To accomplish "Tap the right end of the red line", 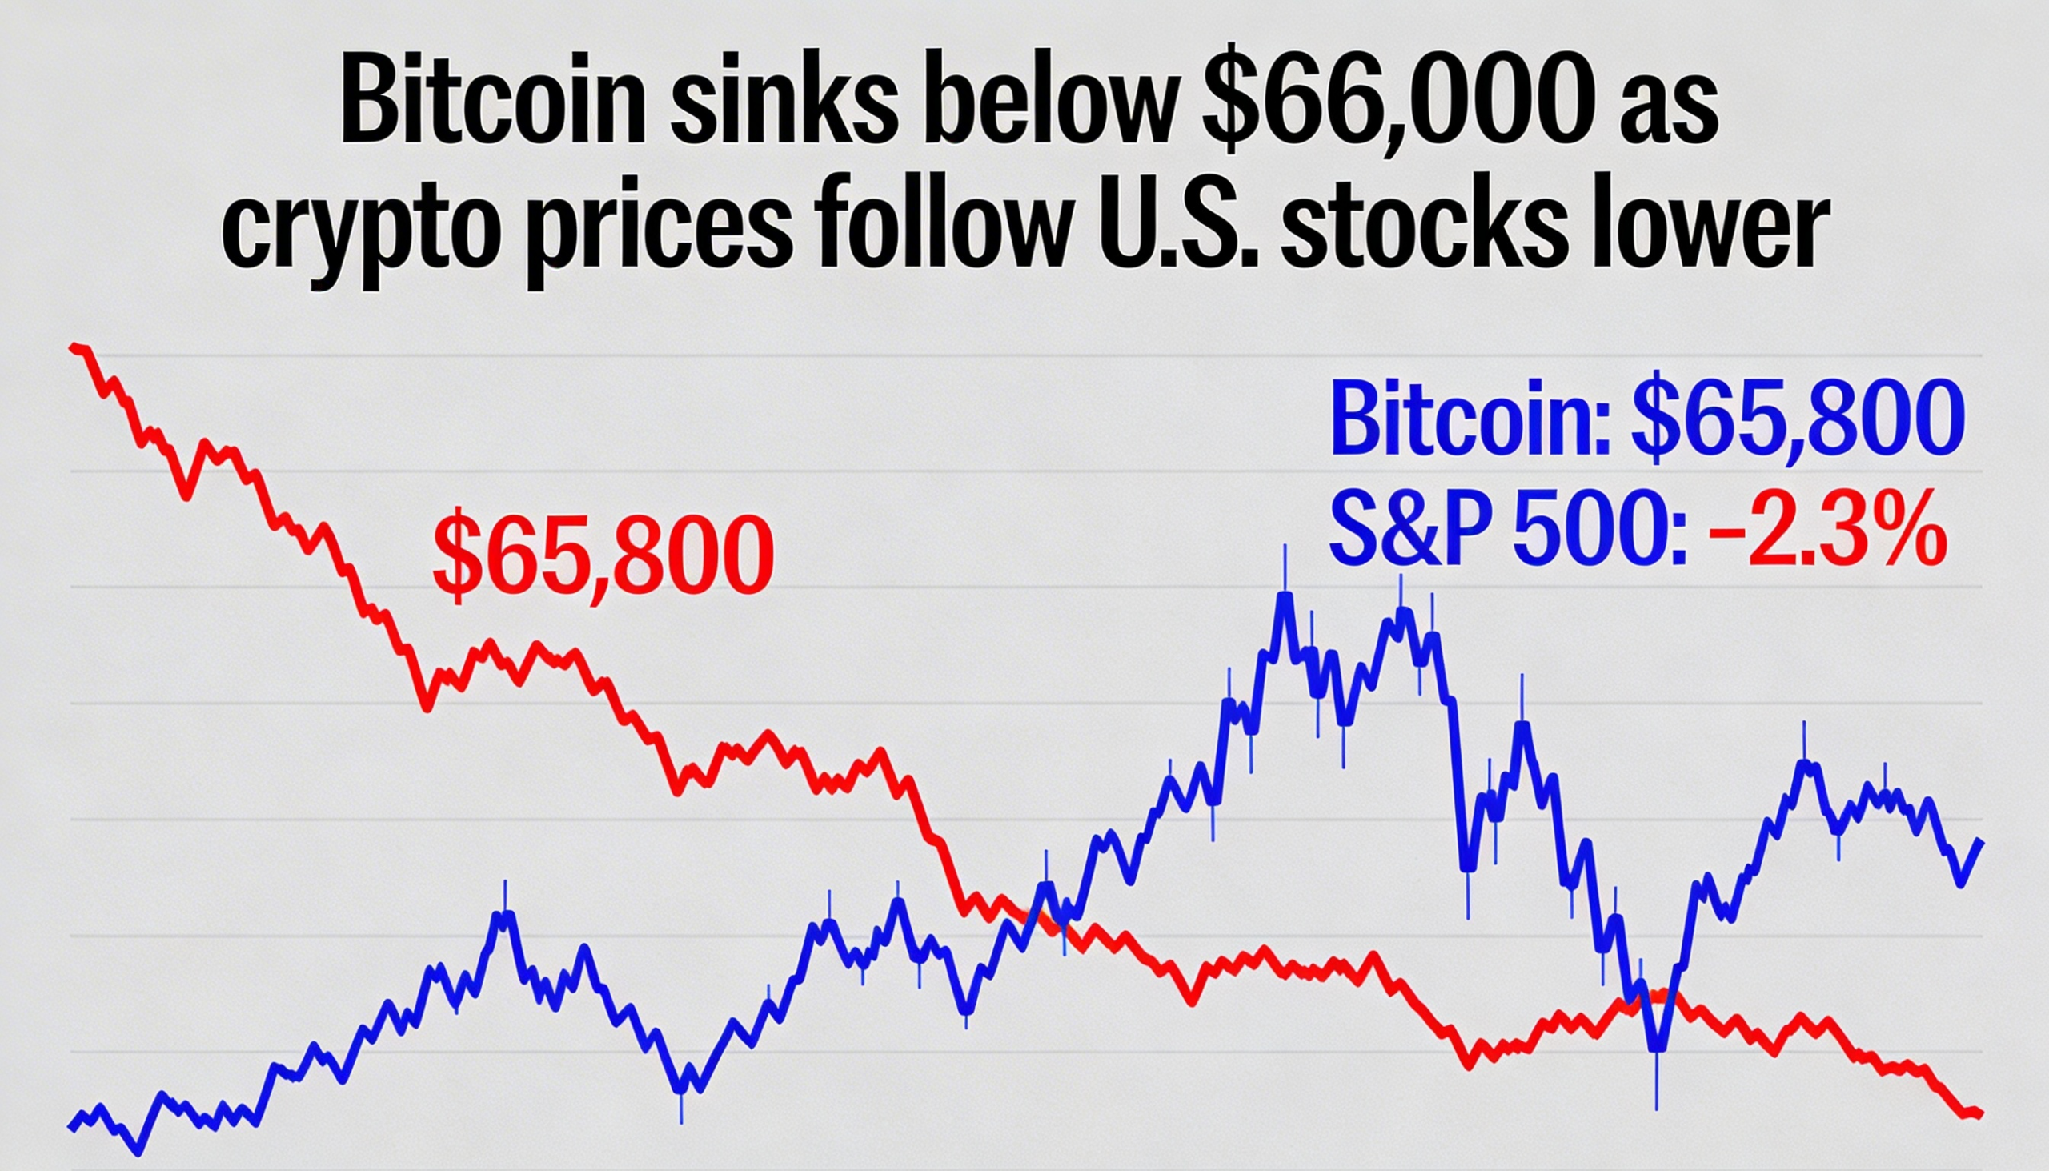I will point(1981,1136).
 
